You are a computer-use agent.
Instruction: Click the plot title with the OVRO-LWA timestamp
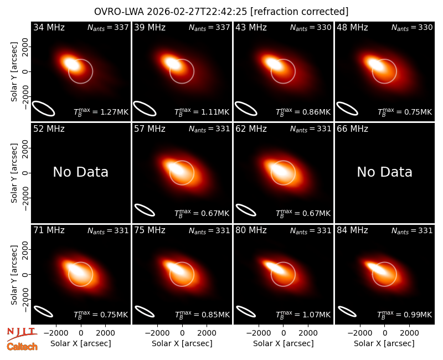point(221,12)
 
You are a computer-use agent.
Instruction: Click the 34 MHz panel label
point(49,27)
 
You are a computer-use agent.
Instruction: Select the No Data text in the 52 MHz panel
point(81,172)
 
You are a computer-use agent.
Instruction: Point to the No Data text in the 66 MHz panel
point(384,172)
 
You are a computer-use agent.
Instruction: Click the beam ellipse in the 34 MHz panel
point(43,109)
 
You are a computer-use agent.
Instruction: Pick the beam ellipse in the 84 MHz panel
point(347,312)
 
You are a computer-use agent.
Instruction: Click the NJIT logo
point(22,334)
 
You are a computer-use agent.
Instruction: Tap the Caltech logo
point(22,347)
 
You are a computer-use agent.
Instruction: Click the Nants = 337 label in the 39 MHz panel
point(209,28)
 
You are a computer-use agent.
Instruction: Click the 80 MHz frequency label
point(251,230)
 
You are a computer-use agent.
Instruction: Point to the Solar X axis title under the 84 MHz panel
point(384,343)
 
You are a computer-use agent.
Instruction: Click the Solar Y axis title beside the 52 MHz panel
point(14,173)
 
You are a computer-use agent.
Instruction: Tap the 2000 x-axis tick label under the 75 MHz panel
point(207,333)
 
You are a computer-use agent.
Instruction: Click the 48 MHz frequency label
point(352,27)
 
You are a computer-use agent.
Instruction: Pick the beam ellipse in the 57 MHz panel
point(145,210)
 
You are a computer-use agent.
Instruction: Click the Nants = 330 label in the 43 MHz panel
point(311,28)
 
